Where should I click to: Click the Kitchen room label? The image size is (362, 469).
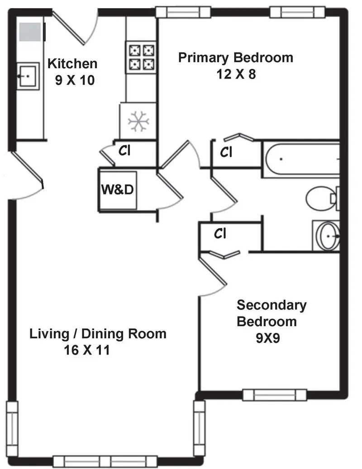click(x=72, y=64)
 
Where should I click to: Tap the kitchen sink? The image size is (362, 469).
click(x=28, y=76)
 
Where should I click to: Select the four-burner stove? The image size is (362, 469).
click(x=141, y=57)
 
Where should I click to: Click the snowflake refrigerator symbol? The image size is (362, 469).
click(x=138, y=122)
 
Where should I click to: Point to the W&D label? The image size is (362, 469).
click(x=117, y=189)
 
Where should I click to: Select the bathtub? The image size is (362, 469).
click(x=301, y=159)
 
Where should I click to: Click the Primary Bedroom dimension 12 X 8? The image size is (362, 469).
click(x=236, y=74)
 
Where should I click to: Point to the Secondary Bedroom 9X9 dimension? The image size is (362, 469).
click(x=268, y=338)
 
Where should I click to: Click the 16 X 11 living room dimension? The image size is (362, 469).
click(x=87, y=350)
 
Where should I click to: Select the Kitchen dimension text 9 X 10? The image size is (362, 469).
click(x=75, y=80)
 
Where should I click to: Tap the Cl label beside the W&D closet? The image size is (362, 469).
click(x=124, y=151)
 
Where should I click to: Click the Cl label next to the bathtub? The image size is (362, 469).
click(x=226, y=152)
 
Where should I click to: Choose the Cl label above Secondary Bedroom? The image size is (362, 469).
click(x=220, y=234)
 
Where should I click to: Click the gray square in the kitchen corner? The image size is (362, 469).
click(x=30, y=32)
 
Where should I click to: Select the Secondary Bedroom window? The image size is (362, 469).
click(x=275, y=395)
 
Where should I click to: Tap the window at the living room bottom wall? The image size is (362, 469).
click(x=105, y=461)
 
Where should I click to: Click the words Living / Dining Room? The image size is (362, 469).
click(x=98, y=334)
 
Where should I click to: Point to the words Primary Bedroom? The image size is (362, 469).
click(x=236, y=57)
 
